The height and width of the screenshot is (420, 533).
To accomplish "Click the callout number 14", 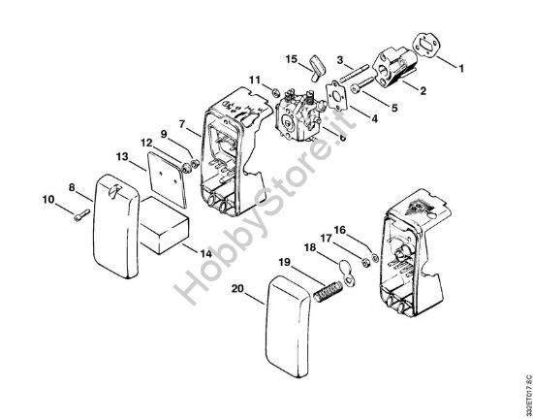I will pos(206,253).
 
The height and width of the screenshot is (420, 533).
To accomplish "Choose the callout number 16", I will pos(340,230).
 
